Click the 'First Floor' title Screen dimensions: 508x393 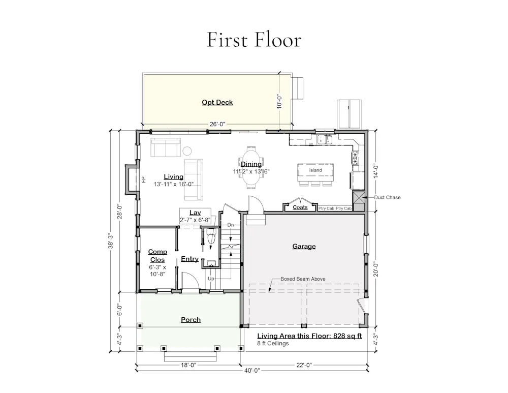tap(254, 40)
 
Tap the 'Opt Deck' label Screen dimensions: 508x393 tap(217, 102)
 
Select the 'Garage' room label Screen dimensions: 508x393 tap(304, 246)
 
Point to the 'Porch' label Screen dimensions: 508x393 tap(190, 320)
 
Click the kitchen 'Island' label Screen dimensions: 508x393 tap(315, 170)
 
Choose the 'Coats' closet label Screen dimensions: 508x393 tap(300, 207)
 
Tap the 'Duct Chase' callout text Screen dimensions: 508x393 tap(387, 197)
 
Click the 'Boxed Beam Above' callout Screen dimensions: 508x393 tap(303, 279)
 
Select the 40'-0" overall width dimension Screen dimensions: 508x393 tap(252, 370)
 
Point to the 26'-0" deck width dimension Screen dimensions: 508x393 tap(217, 124)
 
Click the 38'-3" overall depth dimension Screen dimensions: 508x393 tap(111, 241)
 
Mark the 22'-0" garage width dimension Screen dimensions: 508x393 tap(304, 365)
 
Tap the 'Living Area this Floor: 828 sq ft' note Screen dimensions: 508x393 tap(309, 336)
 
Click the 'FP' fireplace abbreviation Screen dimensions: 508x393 tap(144, 179)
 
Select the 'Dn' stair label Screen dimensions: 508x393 tap(230, 225)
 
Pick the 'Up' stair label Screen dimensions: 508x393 tap(211, 279)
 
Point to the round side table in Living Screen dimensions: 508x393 tap(187, 151)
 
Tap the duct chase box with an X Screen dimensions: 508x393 tap(359, 198)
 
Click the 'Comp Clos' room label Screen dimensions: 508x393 tap(157, 256)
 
